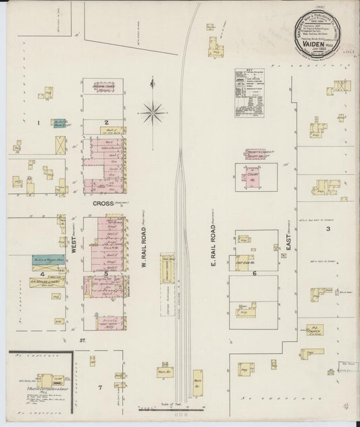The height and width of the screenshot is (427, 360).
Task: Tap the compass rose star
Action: (153, 109)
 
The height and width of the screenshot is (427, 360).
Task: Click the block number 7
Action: (99, 387)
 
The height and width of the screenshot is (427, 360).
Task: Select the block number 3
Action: (328, 229)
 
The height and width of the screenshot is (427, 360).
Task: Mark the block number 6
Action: (255, 273)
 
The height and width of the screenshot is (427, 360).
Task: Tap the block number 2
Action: (107, 123)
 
